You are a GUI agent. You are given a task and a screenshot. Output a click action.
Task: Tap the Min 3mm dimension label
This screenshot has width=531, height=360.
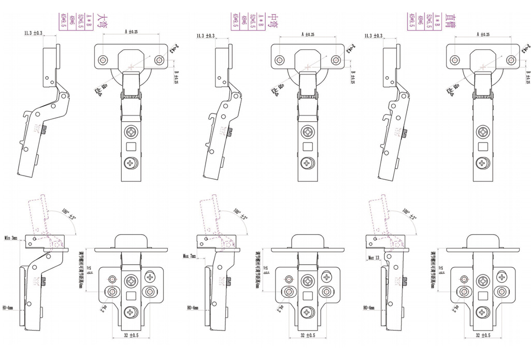pos(11,238)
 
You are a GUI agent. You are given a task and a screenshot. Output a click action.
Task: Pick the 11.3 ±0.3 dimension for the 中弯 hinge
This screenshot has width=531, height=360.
pos(206,36)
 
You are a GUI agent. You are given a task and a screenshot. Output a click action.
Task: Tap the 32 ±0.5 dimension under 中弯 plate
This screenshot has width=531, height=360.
pos(307,335)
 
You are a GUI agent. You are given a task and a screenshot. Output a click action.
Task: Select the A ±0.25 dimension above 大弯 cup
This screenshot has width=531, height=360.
pos(131,32)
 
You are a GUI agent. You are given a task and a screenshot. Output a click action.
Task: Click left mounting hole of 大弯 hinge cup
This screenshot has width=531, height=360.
pos(103,60)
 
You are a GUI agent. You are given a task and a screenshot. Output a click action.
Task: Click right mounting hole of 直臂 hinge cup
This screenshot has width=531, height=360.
pos(511,60)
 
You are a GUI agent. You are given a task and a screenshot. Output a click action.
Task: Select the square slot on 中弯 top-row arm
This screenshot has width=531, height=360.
pos(307,148)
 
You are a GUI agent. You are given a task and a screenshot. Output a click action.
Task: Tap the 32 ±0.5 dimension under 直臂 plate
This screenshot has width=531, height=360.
pos(483,335)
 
